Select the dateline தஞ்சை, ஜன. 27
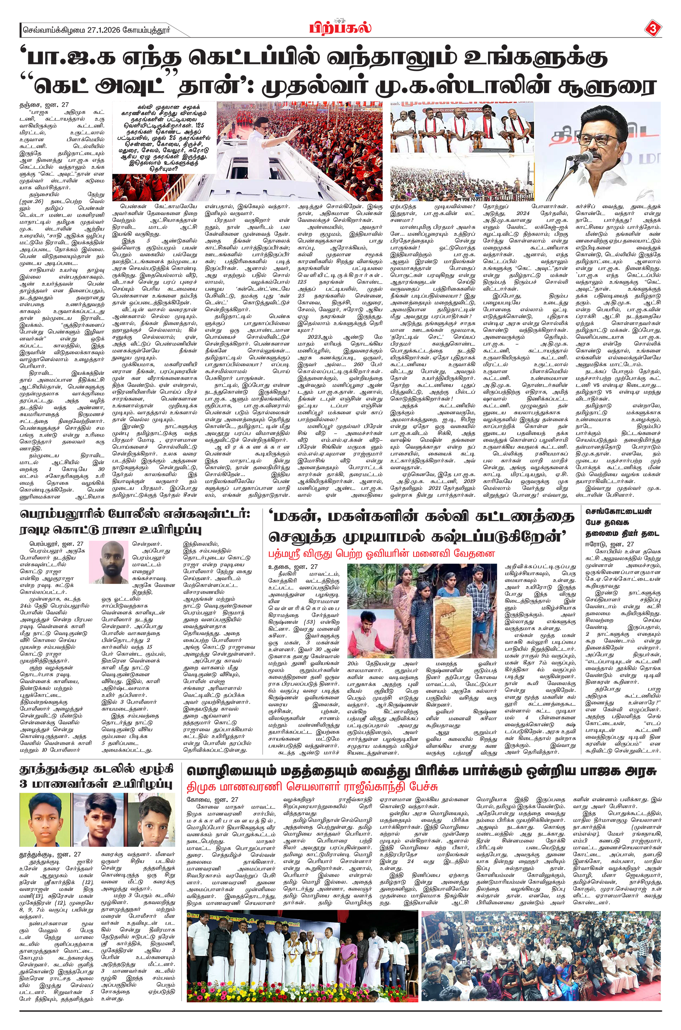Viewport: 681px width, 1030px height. tap(45, 105)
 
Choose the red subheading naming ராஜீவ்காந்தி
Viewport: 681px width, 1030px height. tap(312, 787)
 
